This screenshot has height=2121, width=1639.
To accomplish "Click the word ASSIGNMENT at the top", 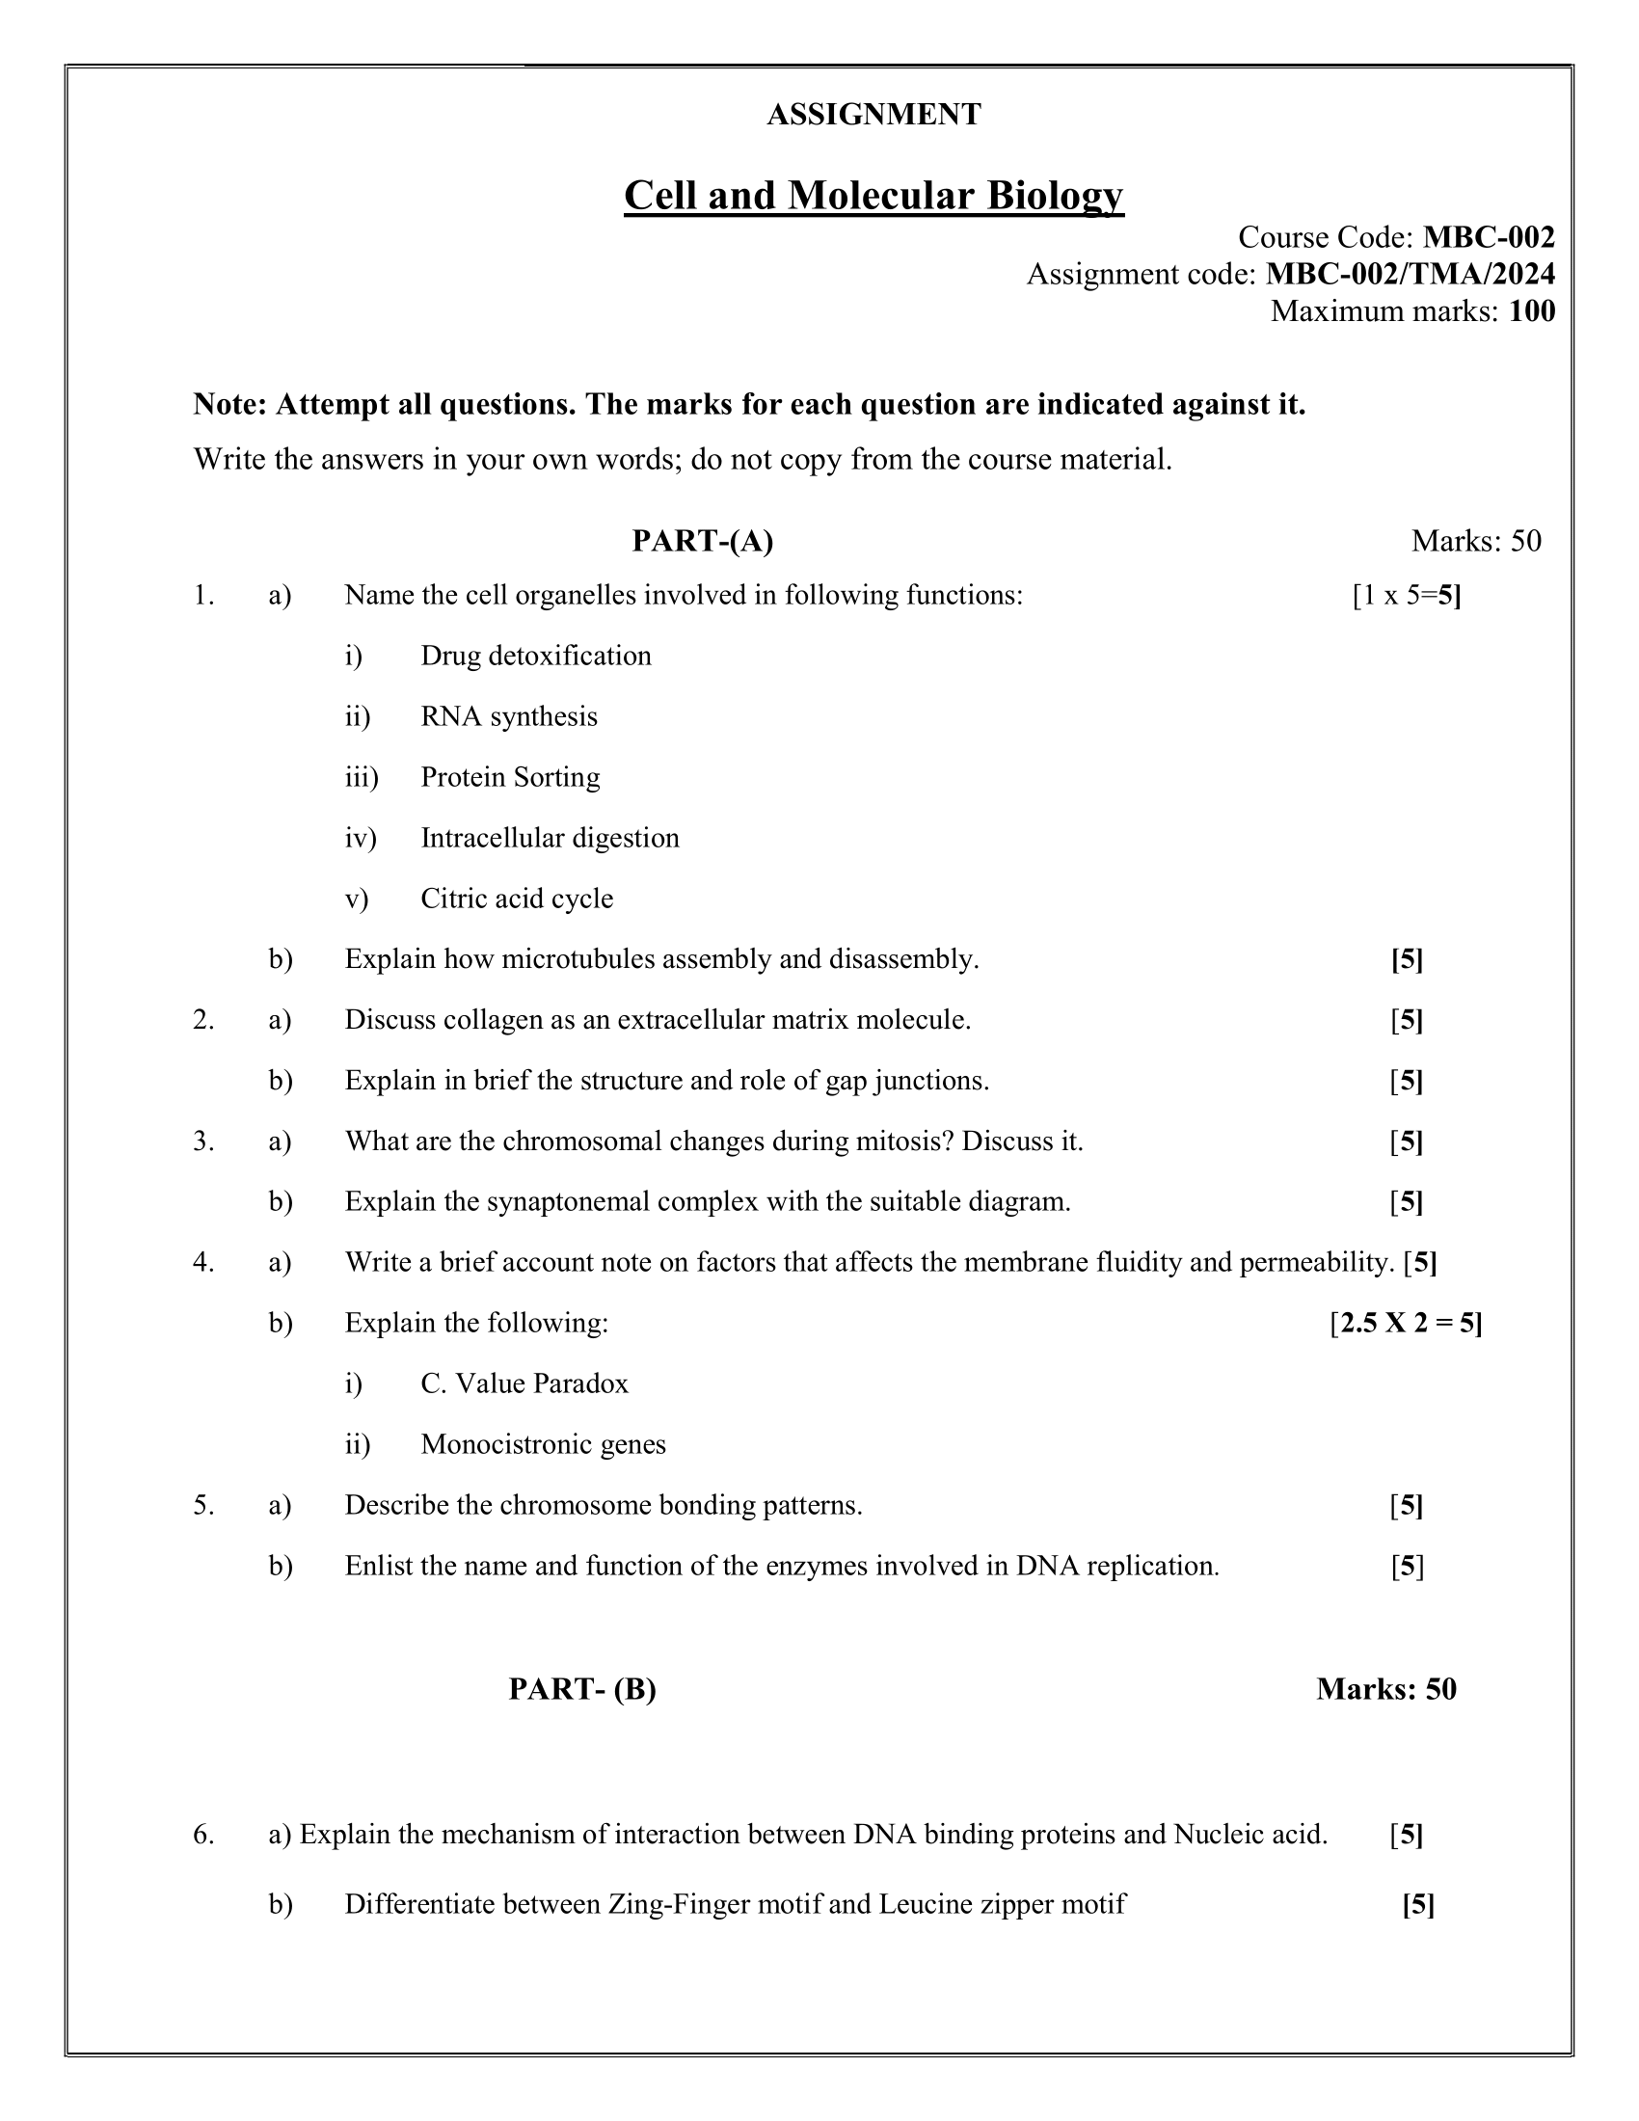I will (873, 115).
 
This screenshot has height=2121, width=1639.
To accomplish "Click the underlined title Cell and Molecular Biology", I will (873, 195).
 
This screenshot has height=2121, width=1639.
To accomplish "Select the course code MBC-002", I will (1489, 237).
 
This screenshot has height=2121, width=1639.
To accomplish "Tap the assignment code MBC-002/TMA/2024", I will (1410, 274).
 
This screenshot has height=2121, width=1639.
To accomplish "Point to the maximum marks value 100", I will (1531, 310).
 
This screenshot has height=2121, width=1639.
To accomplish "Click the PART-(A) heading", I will (702, 541).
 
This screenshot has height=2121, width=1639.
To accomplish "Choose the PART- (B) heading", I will (581, 1689).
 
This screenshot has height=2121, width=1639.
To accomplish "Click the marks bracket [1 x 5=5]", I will (1406, 595).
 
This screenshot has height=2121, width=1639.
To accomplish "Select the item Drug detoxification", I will (535, 656).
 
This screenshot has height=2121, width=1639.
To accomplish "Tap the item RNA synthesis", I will (509, 716).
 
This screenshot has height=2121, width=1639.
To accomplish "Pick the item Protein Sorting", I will (510, 777).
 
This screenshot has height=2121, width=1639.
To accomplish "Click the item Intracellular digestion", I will (550, 837).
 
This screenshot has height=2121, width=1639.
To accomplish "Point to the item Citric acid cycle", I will (517, 899).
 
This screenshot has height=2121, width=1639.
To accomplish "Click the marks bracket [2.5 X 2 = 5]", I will (1405, 1324).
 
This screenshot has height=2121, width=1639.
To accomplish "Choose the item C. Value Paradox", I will (524, 1383).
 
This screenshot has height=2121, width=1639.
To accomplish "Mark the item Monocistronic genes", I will (543, 1445).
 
